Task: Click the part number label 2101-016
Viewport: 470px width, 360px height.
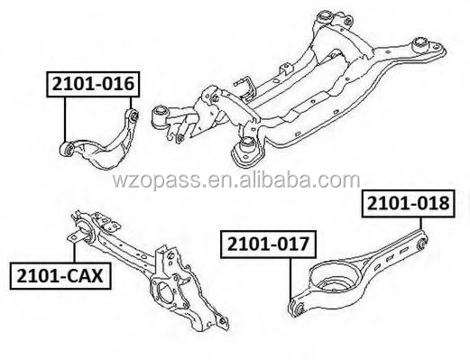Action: click(x=93, y=84)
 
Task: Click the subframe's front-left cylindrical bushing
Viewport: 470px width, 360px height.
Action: click(x=163, y=115)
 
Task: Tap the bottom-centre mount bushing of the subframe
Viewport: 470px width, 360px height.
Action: click(x=244, y=151)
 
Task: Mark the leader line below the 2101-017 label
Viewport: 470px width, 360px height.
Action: click(x=290, y=280)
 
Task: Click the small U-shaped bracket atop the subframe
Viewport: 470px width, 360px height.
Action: click(x=241, y=86)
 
